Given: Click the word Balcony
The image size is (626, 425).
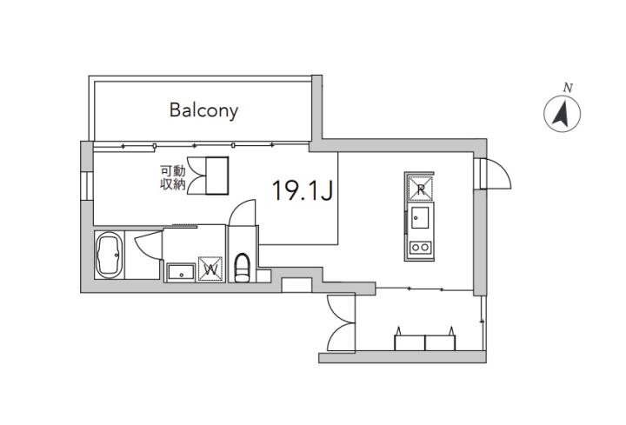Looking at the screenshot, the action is (x=203, y=110).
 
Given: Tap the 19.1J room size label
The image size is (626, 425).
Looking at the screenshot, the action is (x=303, y=190).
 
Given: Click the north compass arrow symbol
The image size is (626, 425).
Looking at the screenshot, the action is (x=563, y=114).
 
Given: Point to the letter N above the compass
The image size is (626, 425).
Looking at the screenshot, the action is (x=568, y=88).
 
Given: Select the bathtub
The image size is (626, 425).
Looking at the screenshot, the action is (x=109, y=255).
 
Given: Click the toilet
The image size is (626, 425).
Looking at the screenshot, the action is (x=242, y=268).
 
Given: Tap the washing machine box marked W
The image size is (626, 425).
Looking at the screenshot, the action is (x=210, y=269).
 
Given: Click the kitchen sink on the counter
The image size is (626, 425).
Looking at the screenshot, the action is (x=420, y=218).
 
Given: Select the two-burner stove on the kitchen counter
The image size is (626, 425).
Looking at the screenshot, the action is (x=420, y=248).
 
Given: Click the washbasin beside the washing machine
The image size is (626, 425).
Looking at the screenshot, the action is (x=181, y=273).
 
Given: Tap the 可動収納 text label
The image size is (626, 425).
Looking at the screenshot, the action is (x=173, y=177).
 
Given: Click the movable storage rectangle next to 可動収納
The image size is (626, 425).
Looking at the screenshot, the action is (x=217, y=176).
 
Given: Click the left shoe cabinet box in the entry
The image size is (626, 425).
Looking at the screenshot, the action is (x=410, y=342).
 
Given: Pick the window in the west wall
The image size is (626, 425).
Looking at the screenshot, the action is (x=87, y=186).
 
